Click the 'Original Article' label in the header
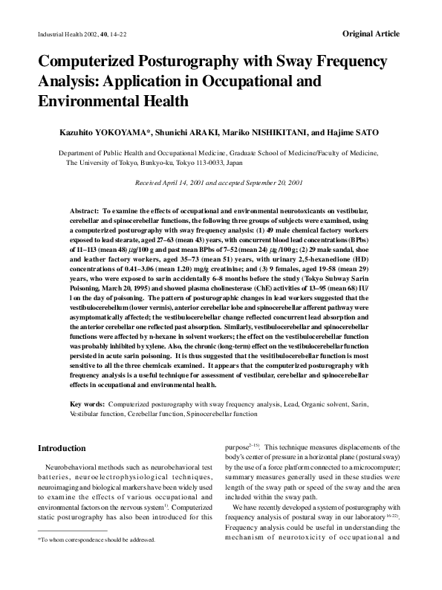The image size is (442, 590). click(x=371, y=34)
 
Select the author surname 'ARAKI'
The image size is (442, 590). click(x=204, y=133)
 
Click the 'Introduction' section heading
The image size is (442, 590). click(x=62, y=449)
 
